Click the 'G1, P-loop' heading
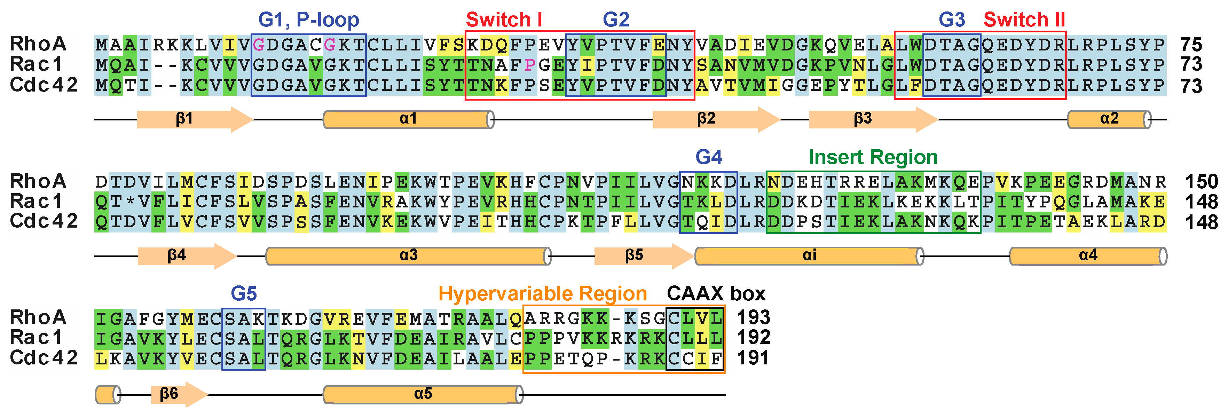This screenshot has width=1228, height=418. point(308,19)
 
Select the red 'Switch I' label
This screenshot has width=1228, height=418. point(504,19)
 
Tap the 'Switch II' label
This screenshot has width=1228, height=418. point(1024,19)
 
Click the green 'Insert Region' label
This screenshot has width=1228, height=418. point(873,157)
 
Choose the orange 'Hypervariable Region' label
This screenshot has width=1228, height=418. point(543,294)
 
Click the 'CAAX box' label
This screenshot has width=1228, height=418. point(716,294)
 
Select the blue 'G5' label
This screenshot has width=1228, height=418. point(244,294)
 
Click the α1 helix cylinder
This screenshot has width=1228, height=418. point(408,119)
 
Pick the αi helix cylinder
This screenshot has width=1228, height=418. point(809,256)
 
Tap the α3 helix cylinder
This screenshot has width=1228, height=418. point(408,256)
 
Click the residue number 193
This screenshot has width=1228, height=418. point(753,317)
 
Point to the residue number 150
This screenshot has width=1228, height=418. point(1201,182)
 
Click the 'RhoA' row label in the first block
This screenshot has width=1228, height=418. point(38,44)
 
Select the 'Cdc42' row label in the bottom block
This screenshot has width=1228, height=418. point(44,358)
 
